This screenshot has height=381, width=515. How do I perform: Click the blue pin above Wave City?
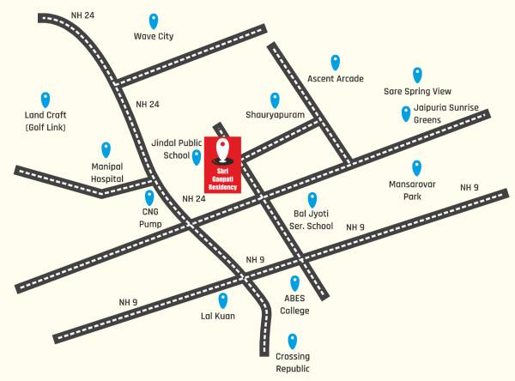tap(154, 21)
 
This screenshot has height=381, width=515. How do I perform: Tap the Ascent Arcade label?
tap(336, 79)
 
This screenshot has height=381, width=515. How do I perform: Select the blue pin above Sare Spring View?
tap(417, 75)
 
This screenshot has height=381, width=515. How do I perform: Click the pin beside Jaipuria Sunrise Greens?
tap(406, 113)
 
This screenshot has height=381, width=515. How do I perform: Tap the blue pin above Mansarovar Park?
tap(417, 167)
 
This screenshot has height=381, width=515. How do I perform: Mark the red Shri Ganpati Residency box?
tap(223, 164)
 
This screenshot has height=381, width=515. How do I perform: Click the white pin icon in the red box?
tap(223, 149)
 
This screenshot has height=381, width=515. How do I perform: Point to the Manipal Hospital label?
tap(108, 173)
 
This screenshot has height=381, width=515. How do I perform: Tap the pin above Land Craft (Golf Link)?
tap(45, 100)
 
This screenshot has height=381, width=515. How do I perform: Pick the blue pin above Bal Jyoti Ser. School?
tap(312, 200)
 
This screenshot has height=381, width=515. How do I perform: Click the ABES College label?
tap(295, 305)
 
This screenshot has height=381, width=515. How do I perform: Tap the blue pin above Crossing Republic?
tap(293, 340)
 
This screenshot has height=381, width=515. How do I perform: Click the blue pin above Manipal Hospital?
tap(106, 149)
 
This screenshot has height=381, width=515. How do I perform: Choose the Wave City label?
tap(154, 37)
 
